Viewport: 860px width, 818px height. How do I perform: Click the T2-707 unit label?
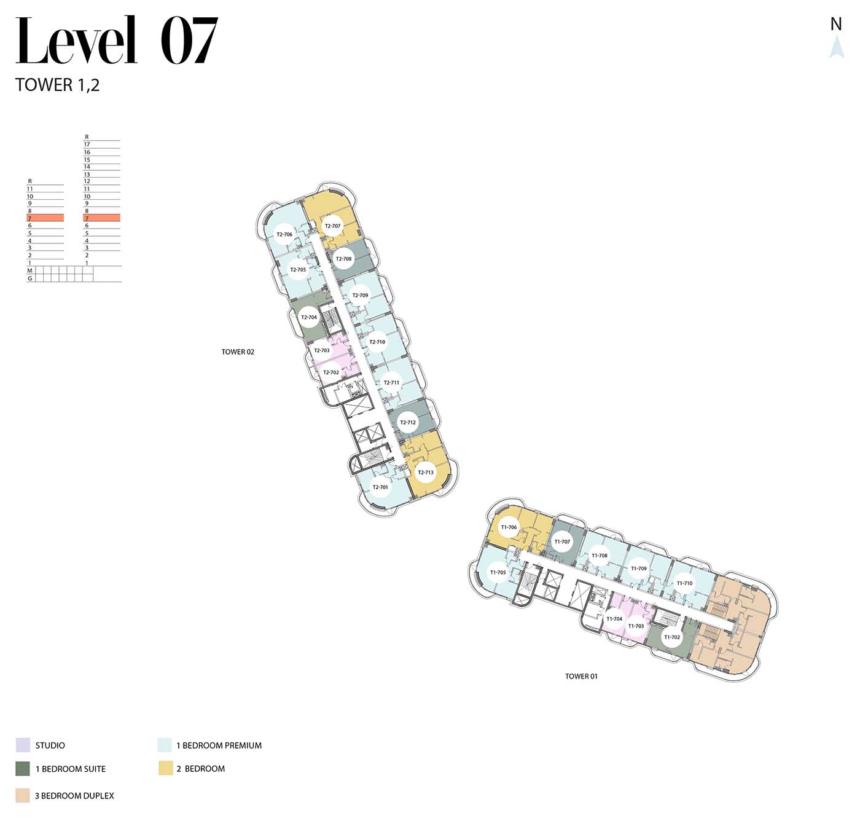(x=332, y=226)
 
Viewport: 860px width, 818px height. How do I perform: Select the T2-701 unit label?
(x=380, y=487)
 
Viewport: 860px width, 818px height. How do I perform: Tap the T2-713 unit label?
(x=426, y=472)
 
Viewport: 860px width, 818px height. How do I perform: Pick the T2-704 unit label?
(x=309, y=317)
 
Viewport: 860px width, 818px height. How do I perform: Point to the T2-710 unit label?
(x=377, y=342)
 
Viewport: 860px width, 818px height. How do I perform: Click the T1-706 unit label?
(x=509, y=527)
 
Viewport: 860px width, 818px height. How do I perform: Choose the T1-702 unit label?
(x=672, y=637)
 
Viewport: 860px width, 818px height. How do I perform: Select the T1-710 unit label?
(x=684, y=583)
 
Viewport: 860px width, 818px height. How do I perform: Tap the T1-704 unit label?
(x=614, y=619)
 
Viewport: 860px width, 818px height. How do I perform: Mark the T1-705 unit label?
(x=498, y=572)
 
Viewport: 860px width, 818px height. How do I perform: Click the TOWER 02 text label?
(x=238, y=352)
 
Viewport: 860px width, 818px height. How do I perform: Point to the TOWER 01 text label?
(x=581, y=676)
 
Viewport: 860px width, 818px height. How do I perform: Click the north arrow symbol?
(x=837, y=47)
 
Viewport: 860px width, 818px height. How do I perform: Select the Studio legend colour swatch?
(x=23, y=745)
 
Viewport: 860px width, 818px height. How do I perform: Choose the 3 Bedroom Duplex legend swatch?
(x=23, y=795)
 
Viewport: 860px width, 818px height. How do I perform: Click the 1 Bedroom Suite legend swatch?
(x=23, y=769)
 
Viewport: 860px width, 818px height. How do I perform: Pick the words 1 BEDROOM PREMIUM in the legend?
(x=219, y=745)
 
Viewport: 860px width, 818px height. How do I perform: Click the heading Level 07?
(x=117, y=40)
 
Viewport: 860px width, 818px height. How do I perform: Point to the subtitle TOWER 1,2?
(x=57, y=85)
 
